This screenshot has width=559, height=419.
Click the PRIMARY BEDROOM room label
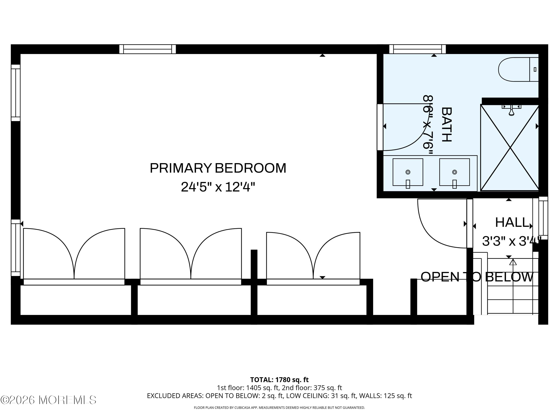218,168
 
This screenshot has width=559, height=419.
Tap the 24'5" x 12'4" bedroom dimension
218,187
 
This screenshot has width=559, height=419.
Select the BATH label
446,124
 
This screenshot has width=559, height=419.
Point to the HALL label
512,223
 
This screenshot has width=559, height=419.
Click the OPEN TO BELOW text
477,277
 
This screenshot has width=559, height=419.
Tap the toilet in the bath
518,69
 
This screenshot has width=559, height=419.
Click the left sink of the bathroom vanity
408,172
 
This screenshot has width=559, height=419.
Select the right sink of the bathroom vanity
454,172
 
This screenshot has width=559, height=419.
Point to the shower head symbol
511,110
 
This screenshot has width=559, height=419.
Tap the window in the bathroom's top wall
417,49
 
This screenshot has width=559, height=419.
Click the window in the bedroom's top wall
148,49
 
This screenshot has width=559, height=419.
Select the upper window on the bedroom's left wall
16,93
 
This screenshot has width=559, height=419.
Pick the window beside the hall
543,218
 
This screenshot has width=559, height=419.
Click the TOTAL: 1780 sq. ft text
279,380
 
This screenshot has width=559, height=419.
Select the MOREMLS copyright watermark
48,400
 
